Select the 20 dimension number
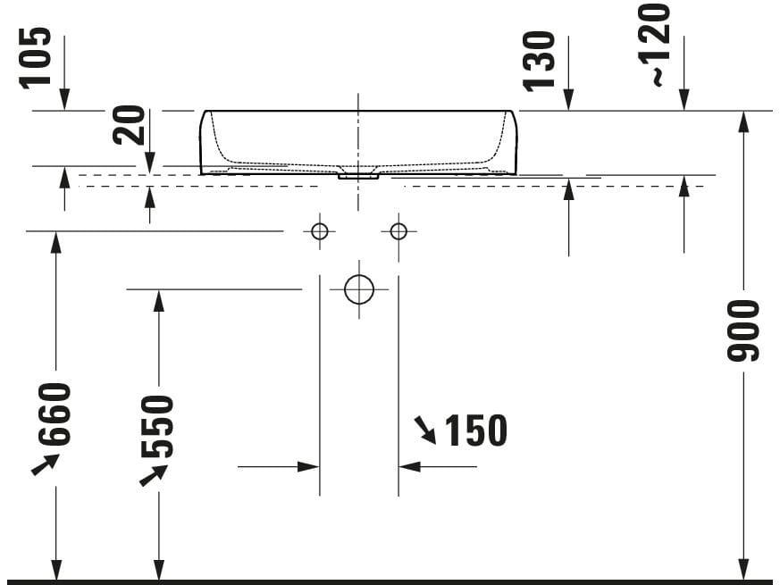tap(130, 125)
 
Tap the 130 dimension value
tap(541, 61)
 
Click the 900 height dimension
tap(743, 331)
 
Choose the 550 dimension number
tap(158, 426)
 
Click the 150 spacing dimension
tap(475, 431)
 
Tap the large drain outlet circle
tap(359, 289)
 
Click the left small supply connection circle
tap(320, 231)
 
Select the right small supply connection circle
tap(398, 231)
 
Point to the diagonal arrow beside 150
tap(424, 430)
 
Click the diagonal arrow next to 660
tap(45, 464)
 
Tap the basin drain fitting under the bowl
tap(359, 176)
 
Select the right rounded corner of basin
tap(512, 116)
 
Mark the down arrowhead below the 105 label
tap(65, 103)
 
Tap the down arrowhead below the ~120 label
tap(684, 103)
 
